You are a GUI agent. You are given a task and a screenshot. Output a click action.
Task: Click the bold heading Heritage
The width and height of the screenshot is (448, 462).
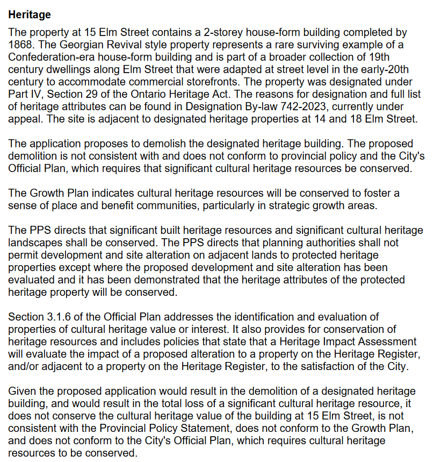click(30, 15)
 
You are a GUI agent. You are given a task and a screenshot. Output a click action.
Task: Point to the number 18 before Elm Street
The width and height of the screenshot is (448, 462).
click(356, 119)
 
